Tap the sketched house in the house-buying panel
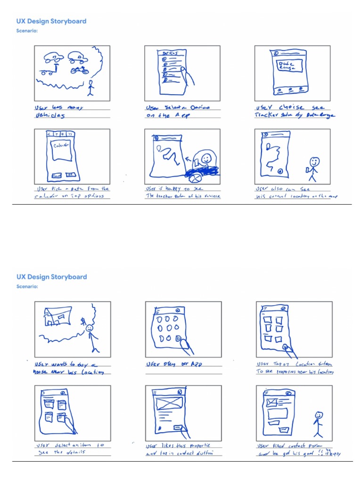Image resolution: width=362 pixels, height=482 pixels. (x=56, y=316)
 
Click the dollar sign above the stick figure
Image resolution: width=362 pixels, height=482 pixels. (x=83, y=321)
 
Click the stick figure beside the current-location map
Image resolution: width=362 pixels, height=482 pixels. (x=313, y=169)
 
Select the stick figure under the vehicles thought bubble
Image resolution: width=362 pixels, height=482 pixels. (x=91, y=88)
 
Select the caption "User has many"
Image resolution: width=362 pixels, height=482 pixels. (x=55, y=107)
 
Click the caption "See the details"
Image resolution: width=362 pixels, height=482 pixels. (x=57, y=453)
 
